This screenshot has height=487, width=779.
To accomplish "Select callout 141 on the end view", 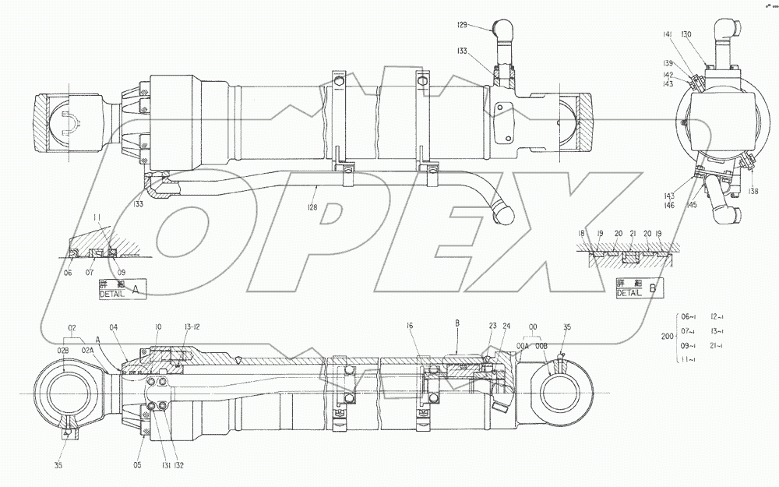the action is click(x=668, y=35).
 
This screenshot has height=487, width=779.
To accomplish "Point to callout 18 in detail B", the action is click(x=581, y=234).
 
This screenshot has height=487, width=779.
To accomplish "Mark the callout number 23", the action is click(x=492, y=326).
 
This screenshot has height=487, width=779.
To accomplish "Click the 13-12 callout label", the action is click(x=191, y=327).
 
